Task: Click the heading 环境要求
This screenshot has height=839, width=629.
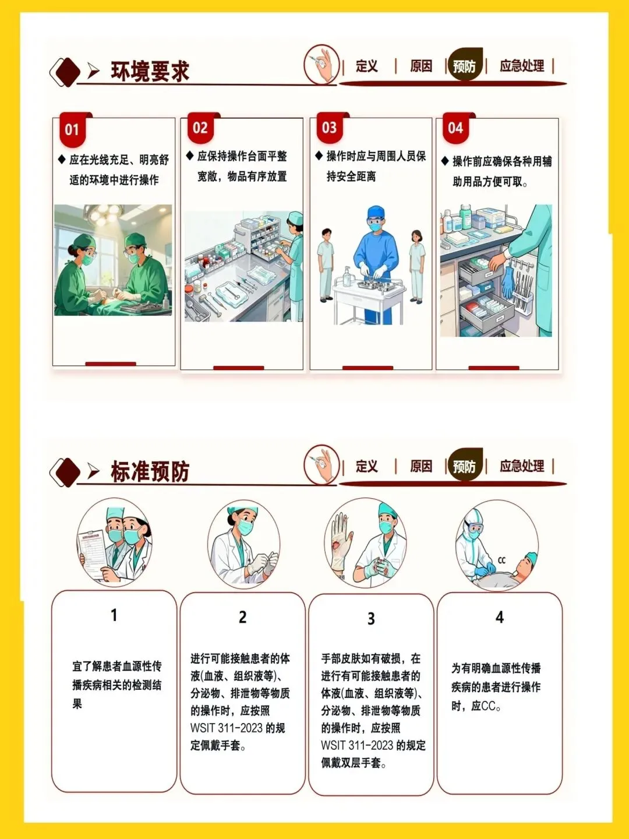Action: pyautogui.click(x=150, y=71)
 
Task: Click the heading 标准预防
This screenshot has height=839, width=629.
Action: pyautogui.click(x=150, y=471)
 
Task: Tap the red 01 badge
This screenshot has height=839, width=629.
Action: pyautogui.click(x=73, y=129)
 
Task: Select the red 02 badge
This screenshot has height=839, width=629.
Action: pyautogui.click(x=200, y=128)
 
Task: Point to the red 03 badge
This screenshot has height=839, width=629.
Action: pyautogui.click(x=330, y=128)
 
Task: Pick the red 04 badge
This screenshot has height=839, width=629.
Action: pyautogui.click(x=455, y=128)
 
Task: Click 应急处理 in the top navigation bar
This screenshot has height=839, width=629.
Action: pyautogui.click(x=522, y=66)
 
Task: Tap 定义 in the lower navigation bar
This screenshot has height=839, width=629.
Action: pyautogui.click(x=367, y=466)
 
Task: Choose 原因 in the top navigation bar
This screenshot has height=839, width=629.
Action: pyautogui.click(x=421, y=66)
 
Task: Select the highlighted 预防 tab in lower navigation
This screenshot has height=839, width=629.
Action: pyautogui.click(x=465, y=466)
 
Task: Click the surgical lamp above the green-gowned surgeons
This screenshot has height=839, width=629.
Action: pyautogui.click(x=104, y=214)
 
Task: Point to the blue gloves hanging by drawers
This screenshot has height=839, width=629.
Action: pyautogui.click(x=507, y=282)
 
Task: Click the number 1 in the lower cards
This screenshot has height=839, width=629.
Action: pyautogui.click(x=114, y=615)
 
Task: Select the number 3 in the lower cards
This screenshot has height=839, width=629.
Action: pyautogui.click(x=371, y=618)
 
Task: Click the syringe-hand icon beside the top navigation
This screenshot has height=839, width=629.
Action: pyautogui.click(x=321, y=65)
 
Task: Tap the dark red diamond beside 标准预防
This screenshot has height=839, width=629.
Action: pyautogui.click(x=68, y=472)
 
